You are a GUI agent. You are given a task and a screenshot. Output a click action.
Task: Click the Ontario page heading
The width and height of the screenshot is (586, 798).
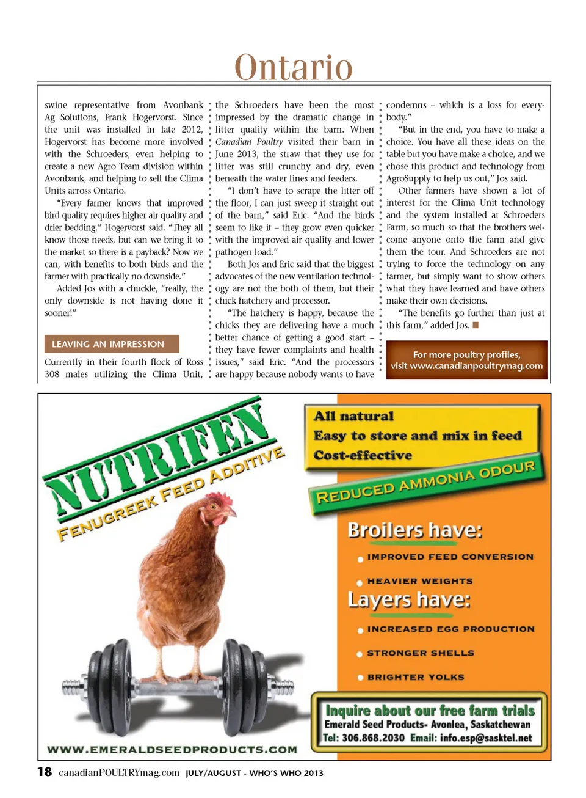coord(294,67)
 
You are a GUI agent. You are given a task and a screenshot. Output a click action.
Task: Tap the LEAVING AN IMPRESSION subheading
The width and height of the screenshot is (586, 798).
coord(108,344)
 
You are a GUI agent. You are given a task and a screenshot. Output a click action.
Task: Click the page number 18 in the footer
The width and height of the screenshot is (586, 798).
coord(45,772)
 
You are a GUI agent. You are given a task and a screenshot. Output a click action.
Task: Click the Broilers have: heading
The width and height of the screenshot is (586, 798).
coord(415,530)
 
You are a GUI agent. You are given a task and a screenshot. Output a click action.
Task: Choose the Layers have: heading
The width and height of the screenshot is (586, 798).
coord(409,599)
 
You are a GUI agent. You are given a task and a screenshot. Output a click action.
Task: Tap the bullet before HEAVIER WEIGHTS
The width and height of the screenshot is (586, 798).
coord(360,583)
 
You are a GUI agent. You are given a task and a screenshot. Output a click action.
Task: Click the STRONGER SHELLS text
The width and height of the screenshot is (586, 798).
coord(421,653)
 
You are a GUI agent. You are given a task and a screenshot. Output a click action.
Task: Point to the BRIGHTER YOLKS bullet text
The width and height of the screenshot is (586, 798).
coord(416,677)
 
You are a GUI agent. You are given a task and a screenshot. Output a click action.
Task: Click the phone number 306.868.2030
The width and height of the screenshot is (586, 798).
coord(373,738)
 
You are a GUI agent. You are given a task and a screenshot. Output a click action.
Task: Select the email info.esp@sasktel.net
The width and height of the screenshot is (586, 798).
coord(486,738)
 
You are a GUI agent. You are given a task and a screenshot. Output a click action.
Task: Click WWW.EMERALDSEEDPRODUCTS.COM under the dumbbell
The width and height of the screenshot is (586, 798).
coord(172,749)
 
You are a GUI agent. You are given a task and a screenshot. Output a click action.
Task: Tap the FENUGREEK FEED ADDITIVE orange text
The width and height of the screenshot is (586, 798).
coord(171,494)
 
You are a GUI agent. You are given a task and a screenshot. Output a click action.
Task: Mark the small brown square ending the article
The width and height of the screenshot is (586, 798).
coord(476,325)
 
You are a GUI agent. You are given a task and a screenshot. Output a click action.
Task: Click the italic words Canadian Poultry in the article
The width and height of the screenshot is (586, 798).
coord(249,142)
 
